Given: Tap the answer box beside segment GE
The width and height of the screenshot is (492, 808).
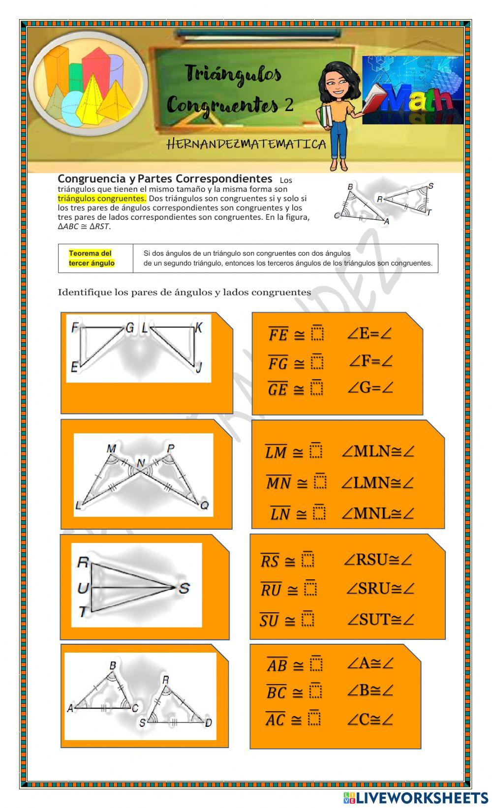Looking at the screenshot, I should click(317, 388).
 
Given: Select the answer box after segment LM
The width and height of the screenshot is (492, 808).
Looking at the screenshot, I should click(316, 451).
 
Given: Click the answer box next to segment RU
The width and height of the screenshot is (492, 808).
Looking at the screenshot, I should click(310, 588).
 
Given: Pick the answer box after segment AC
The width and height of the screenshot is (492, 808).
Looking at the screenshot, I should click(314, 718).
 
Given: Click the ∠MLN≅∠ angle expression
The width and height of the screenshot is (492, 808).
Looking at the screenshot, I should click(378, 451).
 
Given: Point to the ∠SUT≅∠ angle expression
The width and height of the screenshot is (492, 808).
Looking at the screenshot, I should click(380, 619).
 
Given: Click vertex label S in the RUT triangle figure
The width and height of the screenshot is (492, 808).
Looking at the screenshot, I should click(184, 588).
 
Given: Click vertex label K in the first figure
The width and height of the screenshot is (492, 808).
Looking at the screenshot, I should click(198, 328).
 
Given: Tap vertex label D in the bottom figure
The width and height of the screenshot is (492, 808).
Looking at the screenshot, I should click(208, 722).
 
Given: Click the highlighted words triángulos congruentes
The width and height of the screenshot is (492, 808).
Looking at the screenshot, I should click(102, 199).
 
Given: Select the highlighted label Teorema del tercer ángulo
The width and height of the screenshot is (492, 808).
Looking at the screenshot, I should click(92, 258).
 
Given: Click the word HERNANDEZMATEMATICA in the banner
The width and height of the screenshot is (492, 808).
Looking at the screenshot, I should click(246, 144).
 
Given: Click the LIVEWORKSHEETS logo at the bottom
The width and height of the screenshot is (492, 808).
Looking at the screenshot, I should click(416, 797).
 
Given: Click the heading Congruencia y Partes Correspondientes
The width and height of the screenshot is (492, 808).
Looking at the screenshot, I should click(165, 179).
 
